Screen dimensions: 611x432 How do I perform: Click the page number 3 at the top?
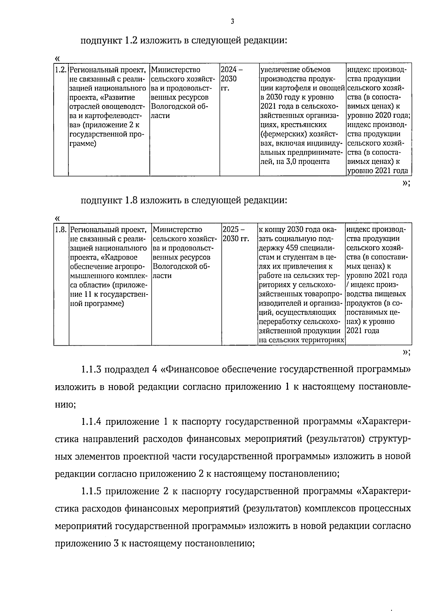232,22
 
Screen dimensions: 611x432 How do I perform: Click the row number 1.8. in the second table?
61,229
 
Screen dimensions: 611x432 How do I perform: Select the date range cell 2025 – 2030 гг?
236,234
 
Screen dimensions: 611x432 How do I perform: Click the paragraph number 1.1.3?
91,369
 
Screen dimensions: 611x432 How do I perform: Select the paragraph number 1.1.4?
91,421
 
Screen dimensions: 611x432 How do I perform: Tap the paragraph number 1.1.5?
91,491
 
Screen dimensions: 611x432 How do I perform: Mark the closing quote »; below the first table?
406,183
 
